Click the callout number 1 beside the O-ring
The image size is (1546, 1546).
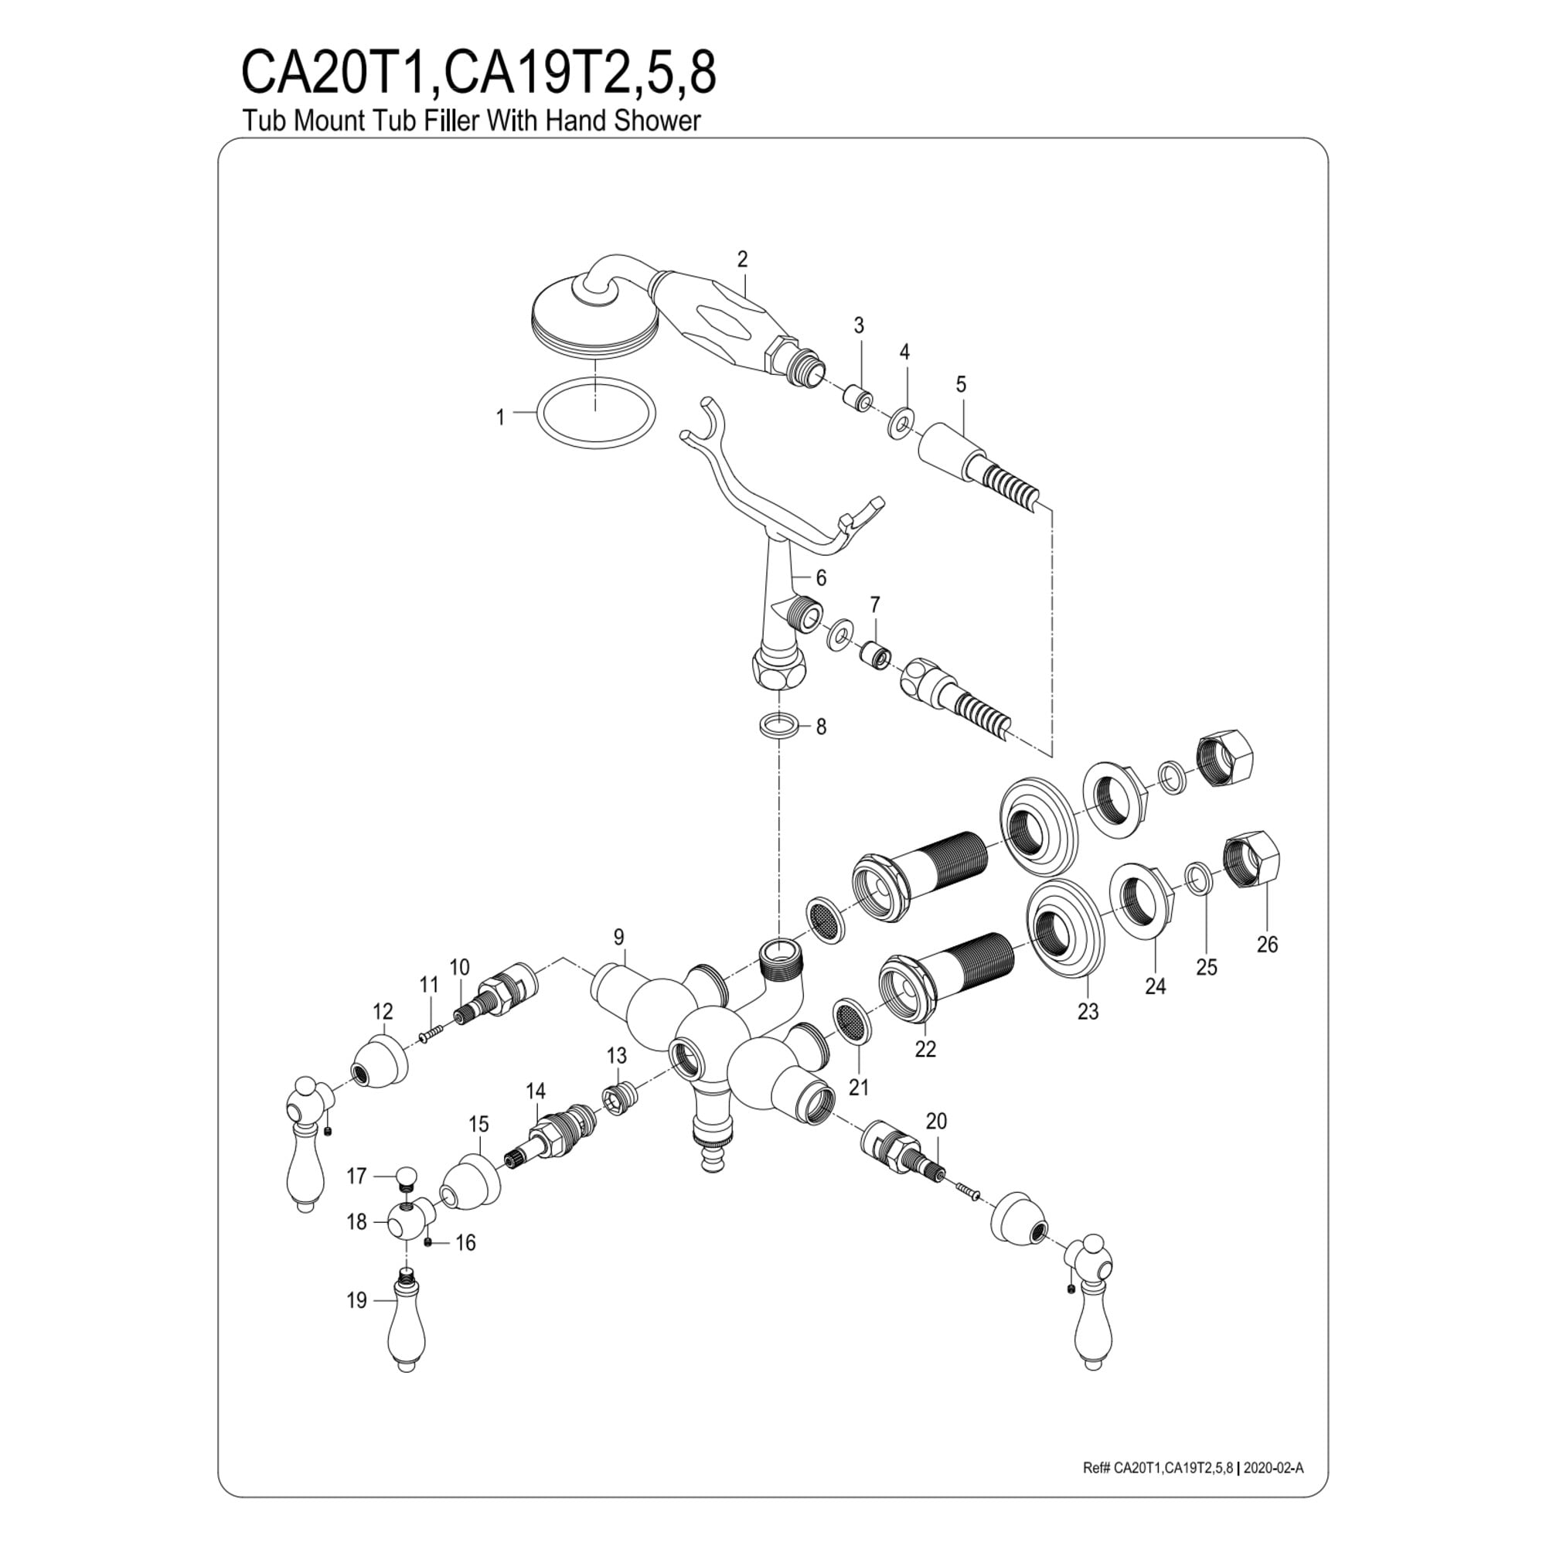(x=500, y=417)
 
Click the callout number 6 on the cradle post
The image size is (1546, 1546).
(x=821, y=577)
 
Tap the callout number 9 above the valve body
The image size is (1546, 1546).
(x=618, y=936)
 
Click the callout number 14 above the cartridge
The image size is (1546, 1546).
(x=536, y=1091)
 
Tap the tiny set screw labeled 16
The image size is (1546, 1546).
(x=429, y=1241)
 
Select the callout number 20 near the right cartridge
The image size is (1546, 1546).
(x=935, y=1121)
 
